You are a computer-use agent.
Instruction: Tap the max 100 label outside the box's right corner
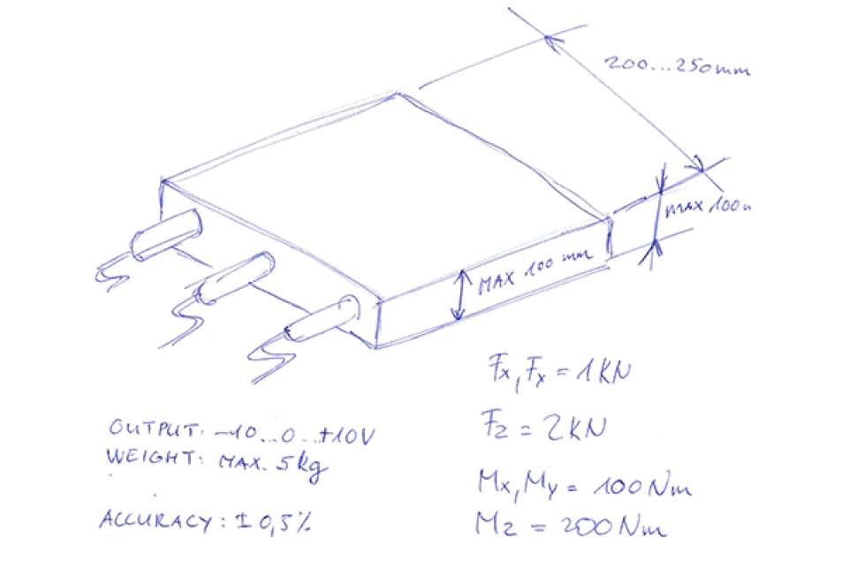pos(709,207)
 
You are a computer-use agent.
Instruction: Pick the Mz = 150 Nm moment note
pos(573,525)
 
